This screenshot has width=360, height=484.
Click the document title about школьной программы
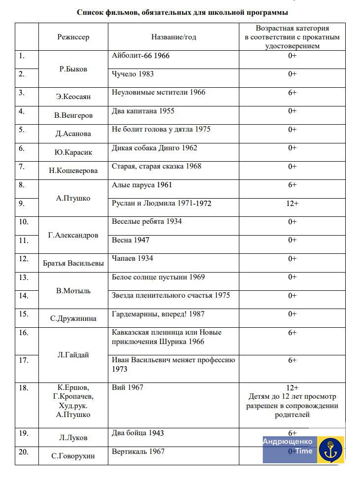182,12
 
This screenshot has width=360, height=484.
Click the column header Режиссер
73,37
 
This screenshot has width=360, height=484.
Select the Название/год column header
173,37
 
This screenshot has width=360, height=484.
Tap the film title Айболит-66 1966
140,56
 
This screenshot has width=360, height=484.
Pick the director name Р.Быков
73,69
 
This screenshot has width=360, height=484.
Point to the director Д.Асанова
73,134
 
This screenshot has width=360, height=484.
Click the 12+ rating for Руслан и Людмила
292,203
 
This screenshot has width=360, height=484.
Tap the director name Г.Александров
73,236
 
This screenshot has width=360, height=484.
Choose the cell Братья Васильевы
73,263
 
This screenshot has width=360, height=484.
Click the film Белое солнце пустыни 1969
158,277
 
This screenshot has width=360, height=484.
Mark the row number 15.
24,314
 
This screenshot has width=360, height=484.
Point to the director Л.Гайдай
73,355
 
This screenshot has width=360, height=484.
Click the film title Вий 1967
128,387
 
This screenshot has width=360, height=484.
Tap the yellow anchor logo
330,449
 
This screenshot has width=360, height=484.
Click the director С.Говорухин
73,456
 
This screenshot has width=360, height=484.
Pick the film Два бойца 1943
138,433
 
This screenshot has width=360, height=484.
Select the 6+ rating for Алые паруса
292,185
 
